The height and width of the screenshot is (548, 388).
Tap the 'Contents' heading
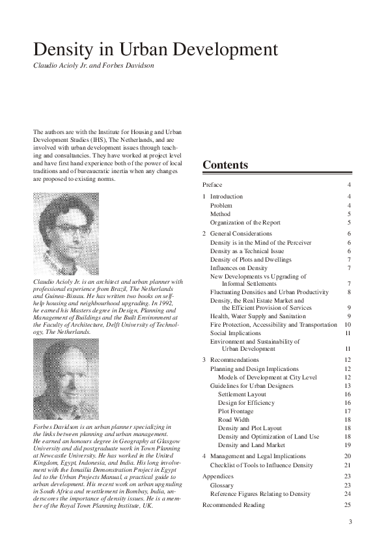pos(225,165)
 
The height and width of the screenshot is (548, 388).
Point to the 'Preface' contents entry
pos(213,185)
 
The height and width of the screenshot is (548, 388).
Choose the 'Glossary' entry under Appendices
pos(221,485)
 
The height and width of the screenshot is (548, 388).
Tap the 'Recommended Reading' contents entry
pos(234,504)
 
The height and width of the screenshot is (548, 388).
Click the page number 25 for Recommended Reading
pos(348,504)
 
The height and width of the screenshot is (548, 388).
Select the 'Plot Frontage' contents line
pos(237,411)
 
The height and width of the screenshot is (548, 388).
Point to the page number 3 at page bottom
pos(350,522)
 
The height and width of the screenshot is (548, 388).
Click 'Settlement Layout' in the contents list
pos(242,394)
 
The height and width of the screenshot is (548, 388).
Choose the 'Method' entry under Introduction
pos(220,213)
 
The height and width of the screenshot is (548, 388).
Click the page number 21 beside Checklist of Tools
pos(348,465)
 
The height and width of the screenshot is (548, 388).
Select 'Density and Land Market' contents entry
pos(251,445)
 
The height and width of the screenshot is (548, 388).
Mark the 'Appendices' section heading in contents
pos(217,476)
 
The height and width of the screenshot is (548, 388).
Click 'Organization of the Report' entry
pos(245,223)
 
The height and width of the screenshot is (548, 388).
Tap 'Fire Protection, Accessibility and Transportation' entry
pos(273,324)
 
